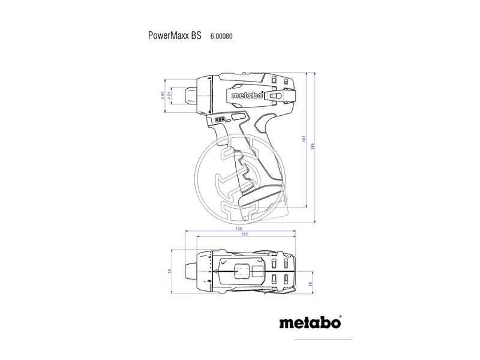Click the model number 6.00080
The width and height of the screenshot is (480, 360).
(221, 36)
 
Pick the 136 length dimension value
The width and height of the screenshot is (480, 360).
(239, 229)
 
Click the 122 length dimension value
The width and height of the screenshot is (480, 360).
(245, 235)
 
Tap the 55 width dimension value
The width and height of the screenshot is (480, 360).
(170, 271)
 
